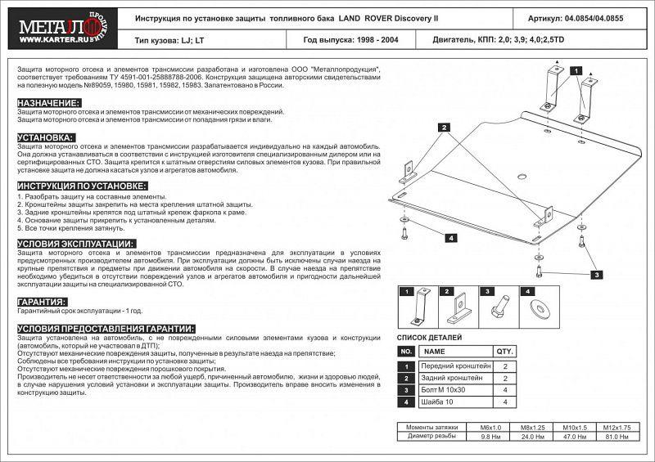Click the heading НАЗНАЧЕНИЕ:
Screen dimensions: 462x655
click(48, 102)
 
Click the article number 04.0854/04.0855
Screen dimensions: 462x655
click(585, 17)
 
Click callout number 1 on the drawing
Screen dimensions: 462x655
click(577, 70)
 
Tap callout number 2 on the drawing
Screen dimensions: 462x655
click(442, 128)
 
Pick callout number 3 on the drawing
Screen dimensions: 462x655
click(598, 274)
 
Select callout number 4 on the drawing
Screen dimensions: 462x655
click(450, 238)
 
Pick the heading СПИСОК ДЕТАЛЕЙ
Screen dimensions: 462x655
click(429, 338)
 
